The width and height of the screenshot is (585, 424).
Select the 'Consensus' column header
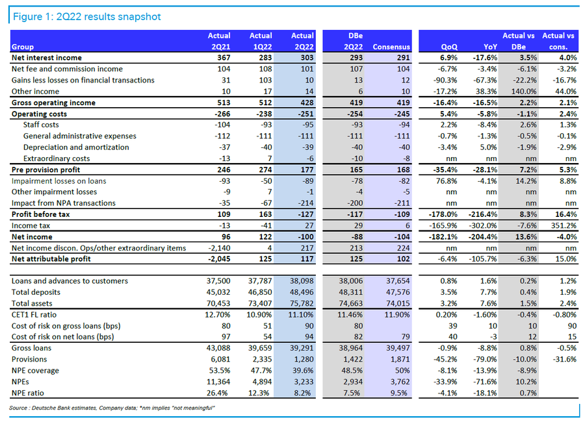point(392,47)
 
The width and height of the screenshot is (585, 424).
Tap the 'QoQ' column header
point(448,47)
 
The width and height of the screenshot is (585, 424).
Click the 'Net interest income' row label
point(47,58)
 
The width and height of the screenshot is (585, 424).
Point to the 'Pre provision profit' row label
point(46,169)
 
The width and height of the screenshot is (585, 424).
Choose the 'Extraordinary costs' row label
point(56,158)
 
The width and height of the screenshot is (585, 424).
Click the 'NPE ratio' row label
point(29,393)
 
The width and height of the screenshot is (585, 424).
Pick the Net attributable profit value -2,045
point(218,259)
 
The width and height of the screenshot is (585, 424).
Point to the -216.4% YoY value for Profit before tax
point(482,214)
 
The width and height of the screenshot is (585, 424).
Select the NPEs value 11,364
point(218,382)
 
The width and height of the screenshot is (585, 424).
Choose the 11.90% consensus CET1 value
point(397,315)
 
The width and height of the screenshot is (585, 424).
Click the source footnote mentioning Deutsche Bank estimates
point(112,408)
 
